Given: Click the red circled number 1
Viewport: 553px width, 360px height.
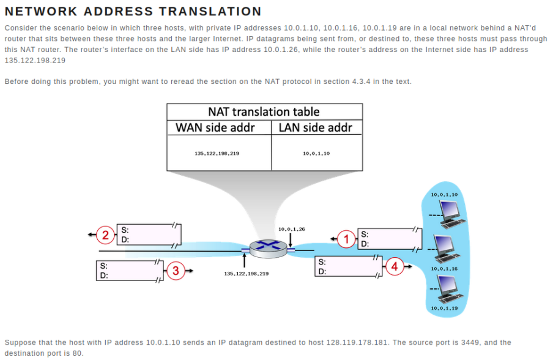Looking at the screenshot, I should (x=347, y=239).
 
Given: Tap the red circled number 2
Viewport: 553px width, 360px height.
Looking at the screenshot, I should (x=105, y=234).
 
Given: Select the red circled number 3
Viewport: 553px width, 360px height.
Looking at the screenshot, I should (x=176, y=270).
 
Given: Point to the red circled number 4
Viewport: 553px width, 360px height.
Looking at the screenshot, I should (x=395, y=267).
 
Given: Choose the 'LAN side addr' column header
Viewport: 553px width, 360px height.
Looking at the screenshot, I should (x=316, y=128).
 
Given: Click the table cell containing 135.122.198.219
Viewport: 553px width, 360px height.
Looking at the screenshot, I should (x=217, y=153).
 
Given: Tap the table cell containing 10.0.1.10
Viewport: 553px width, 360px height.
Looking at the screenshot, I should (x=316, y=153).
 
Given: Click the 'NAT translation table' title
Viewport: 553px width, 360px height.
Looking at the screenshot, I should (x=264, y=111).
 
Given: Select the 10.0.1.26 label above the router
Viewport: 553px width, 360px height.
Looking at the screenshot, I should (x=291, y=229).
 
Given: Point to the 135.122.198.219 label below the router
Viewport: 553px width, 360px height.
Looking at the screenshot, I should (x=247, y=273).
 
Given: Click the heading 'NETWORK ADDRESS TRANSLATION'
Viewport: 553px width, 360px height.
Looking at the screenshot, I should (x=133, y=11).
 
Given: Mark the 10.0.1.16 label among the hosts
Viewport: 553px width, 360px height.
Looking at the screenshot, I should (x=444, y=269).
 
